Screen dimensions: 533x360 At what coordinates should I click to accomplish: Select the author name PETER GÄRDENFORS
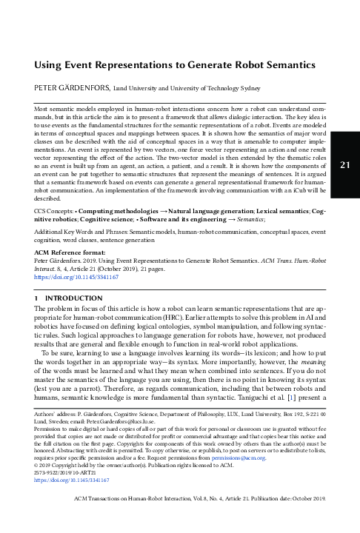click(75, 88)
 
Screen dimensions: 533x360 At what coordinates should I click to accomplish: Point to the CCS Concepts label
click(59, 212)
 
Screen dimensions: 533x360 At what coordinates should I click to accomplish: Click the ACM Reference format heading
click(72, 253)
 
